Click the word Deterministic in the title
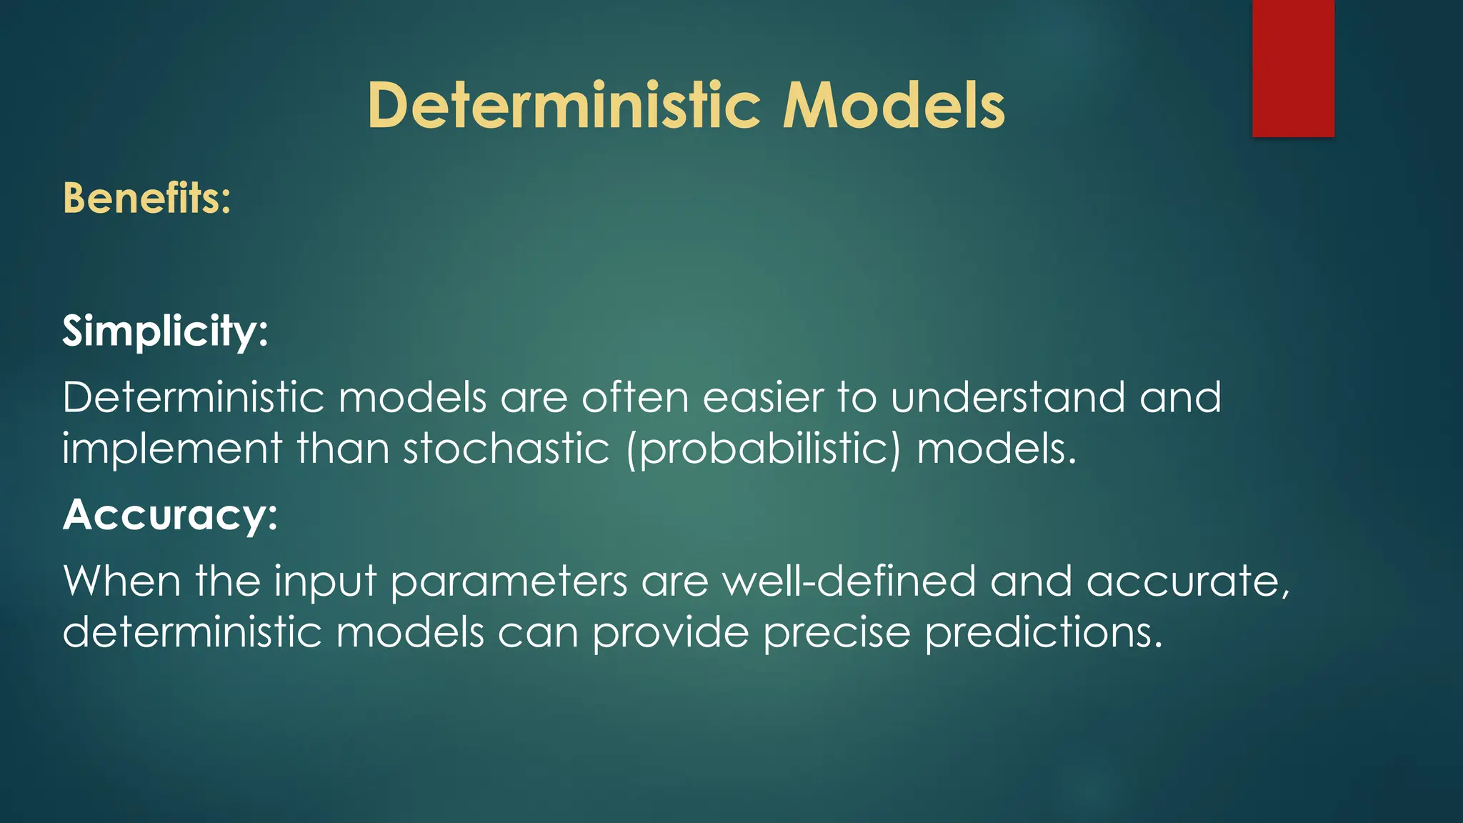(x=564, y=106)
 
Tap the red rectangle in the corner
(x=1293, y=68)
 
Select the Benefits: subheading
(x=147, y=198)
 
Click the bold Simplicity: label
(x=165, y=331)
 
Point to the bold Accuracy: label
(x=170, y=514)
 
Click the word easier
(x=763, y=397)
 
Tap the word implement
(x=172, y=450)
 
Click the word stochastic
(x=506, y=450)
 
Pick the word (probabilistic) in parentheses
(x=764, y=450)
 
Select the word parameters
(x=509, y=582)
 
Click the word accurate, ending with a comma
(x=1188, y=582)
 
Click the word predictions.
(x=1044, y=634)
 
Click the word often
(x=635, y=397)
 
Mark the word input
(x=326, y=582)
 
